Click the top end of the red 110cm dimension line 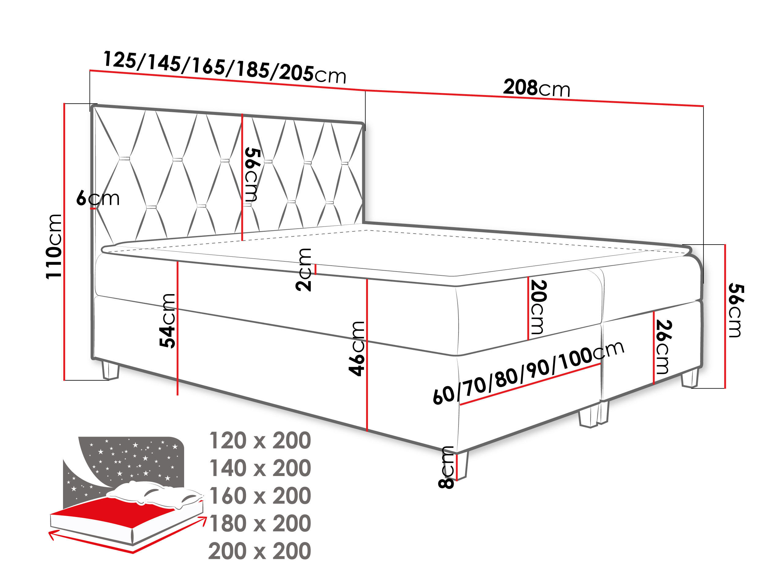65,104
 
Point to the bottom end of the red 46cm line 367,431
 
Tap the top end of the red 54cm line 177,261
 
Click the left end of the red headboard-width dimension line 90,71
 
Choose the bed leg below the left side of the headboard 110,370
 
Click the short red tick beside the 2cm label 315,269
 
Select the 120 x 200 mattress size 260,441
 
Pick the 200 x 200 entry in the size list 260,551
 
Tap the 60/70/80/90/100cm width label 528,373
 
